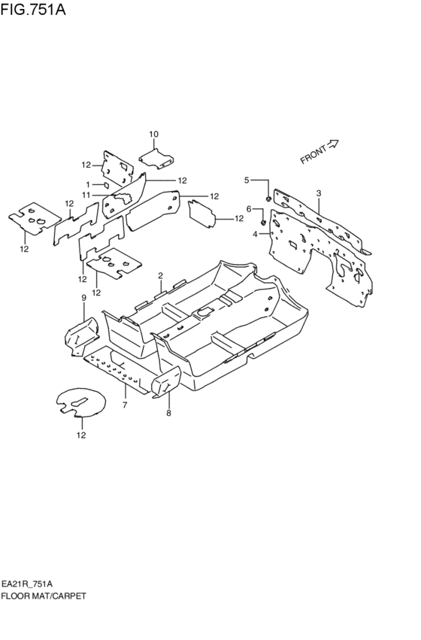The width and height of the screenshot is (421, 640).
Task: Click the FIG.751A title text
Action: pos(33,9)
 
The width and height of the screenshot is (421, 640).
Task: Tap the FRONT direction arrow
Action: pos(333,144)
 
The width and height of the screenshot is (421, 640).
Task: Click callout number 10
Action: pos(153,134)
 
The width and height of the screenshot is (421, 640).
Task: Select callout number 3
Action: pos(319,193)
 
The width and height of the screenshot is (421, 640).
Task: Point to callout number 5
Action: pos(247,180)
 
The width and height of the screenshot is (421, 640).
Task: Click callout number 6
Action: pos(248,209)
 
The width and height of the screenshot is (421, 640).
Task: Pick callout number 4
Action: pos(255,234)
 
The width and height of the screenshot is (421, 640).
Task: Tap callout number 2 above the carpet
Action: pos(161,275)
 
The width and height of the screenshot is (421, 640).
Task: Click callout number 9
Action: pos(83,298)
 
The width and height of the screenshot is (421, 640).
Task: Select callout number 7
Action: pos(125,405)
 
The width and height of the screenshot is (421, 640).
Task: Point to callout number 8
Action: pos(168,413)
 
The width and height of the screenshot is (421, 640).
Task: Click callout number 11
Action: pos(86,195)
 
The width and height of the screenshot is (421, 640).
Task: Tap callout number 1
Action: pos(88,184)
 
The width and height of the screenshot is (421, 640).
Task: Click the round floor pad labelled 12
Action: pos(80,402)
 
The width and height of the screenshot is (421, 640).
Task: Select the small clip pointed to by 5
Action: pos(268,199)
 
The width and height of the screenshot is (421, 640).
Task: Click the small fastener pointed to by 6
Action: pos(263,223)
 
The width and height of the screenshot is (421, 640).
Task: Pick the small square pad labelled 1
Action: pos(106,185)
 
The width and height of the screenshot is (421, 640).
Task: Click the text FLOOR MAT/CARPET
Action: pos(44,596)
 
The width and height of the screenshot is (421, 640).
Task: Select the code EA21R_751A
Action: pos(27,584)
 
